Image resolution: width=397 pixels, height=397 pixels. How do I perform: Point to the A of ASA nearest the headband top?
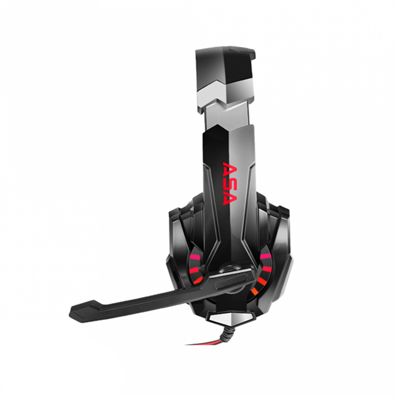coord(230,169)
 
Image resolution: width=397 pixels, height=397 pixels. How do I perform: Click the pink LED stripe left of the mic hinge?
coord(195,258)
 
